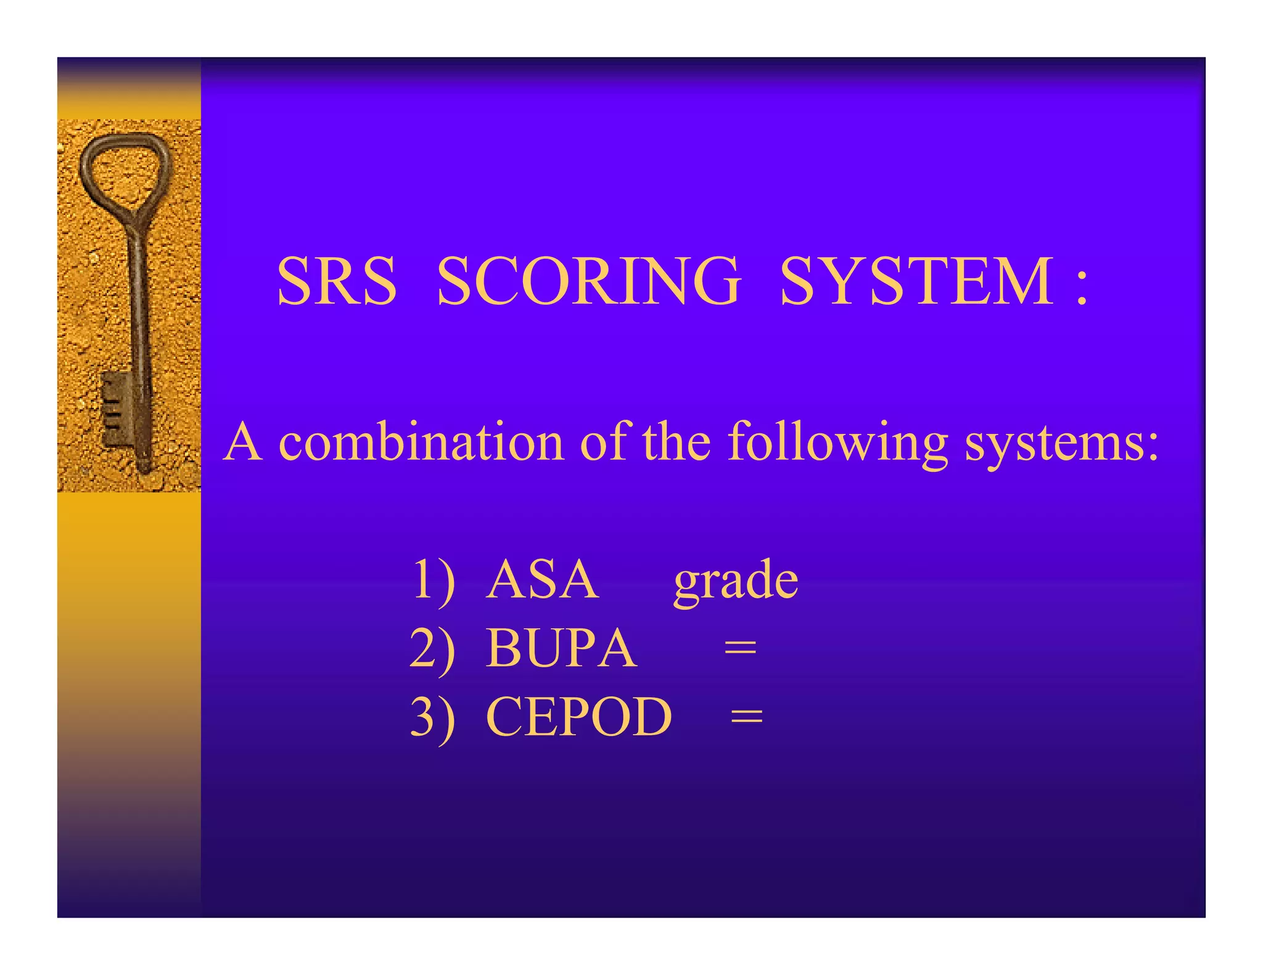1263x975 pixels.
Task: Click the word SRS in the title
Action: (337, 281)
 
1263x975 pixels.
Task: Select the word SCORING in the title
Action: (588, 281)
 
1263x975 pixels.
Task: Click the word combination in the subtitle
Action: (421, 443)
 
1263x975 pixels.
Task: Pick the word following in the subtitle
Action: (837, 443)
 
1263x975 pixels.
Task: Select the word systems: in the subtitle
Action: (1061, 443)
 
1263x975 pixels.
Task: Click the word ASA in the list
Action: (541, 579)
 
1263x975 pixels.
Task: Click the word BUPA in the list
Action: (561, 648)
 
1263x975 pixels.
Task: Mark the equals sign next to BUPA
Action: (740, 648)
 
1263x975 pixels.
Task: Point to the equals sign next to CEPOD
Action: (747, 716)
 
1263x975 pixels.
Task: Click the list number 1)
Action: (433, 579)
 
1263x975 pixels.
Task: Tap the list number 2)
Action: (433, 648)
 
